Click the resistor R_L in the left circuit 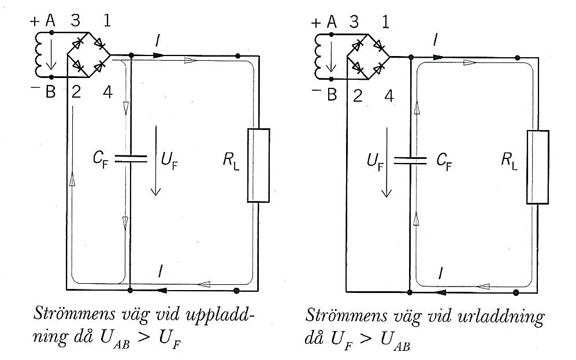pyautogui.click(x=259, y=165)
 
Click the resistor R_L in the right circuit pyautogui.click(x=537, y=167)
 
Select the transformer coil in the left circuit pyautogui.click(x=41, y=54)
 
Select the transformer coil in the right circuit pyautogui.click(x=319, y=55)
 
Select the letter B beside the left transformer pyautogui.click(x=50, y=92)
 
